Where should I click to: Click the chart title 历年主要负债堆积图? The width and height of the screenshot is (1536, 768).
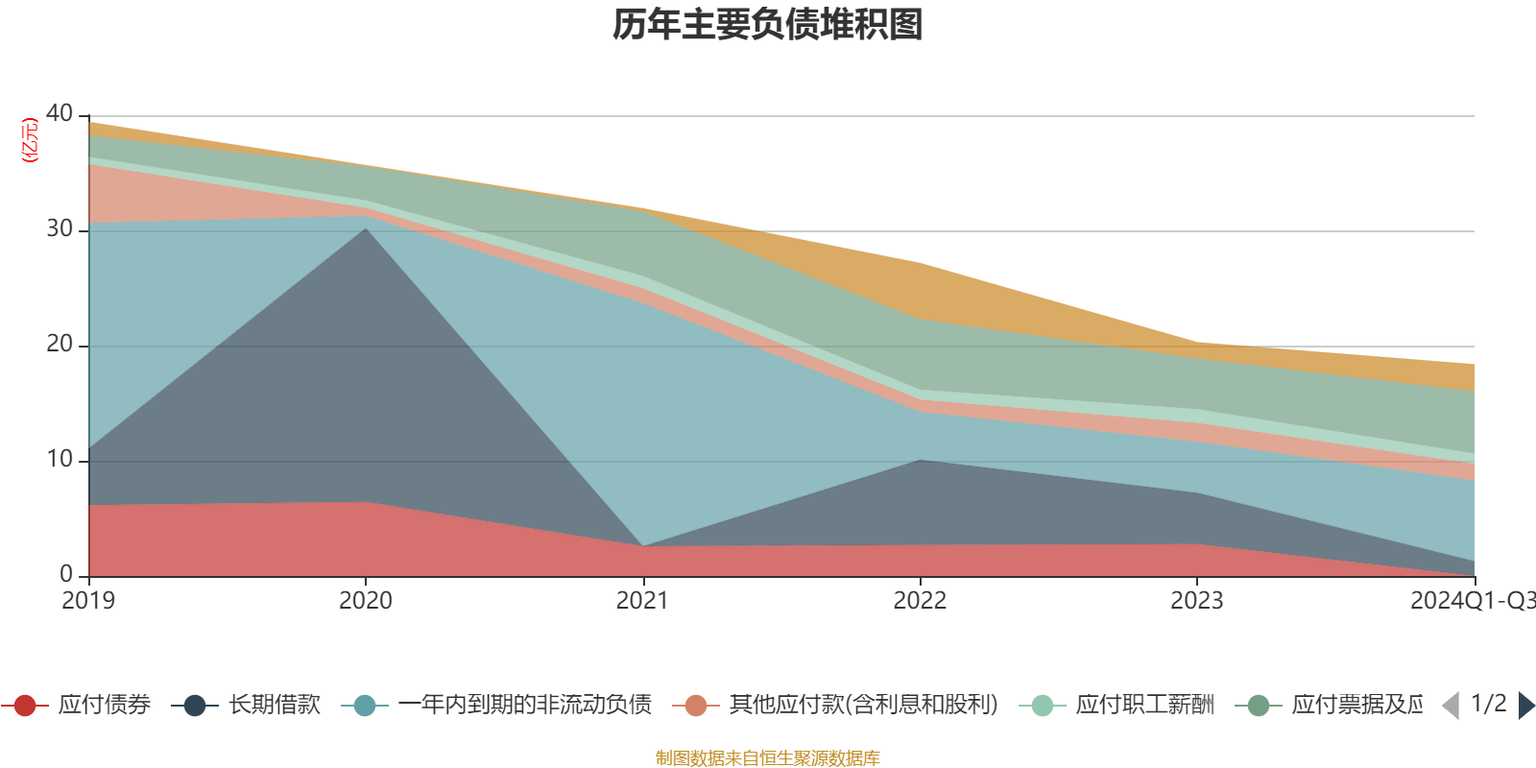(768, 25)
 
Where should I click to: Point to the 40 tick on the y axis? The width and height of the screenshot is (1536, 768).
(60, 113)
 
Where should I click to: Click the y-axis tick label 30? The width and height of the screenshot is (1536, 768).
(60, 228)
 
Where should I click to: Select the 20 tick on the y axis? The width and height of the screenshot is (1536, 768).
(60, 344)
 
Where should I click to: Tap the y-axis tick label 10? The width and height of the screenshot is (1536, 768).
(60, 459)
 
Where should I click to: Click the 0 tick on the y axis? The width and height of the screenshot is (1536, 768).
(65, 574)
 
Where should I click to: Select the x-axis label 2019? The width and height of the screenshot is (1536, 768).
(88, 601)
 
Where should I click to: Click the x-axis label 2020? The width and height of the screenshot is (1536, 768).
(366, 601)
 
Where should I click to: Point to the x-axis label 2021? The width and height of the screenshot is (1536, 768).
(642, 601)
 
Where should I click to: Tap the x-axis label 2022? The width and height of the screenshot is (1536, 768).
(920, 601)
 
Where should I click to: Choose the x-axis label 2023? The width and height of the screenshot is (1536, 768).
(1196, 601)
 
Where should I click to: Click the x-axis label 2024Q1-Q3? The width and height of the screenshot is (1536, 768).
(1471, 601)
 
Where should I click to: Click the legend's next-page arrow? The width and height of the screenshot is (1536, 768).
(1525, 706)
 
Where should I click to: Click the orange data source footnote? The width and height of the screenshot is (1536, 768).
(768, 758)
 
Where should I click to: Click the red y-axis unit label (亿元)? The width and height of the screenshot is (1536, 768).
(30, 140)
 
